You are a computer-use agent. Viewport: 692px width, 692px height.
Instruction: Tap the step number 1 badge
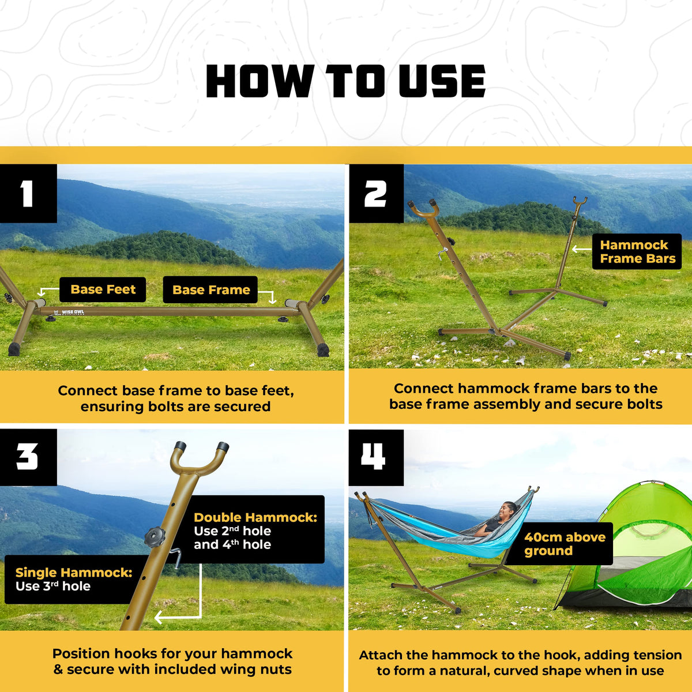tap(28, 194)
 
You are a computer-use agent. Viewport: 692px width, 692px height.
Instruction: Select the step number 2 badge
tap(377, 194)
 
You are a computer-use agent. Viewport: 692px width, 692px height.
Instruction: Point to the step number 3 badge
tap(28, 457)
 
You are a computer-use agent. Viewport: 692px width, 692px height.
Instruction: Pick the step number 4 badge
tap(376, 457)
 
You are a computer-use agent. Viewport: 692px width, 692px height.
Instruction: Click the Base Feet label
tap(103, 289)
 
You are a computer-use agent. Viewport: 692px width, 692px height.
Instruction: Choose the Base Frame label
tap(211, 290)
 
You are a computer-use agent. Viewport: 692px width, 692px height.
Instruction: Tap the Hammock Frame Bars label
tap(637, 251)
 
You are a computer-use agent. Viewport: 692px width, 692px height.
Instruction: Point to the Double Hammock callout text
tap(255, 531)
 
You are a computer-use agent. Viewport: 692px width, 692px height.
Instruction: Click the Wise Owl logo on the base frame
tap(69, 312)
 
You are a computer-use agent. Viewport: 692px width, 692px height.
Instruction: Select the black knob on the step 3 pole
tap(155, 537)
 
